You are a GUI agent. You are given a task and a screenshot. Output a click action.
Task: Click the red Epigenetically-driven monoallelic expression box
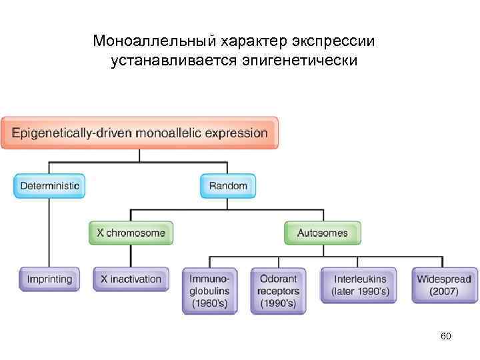coord(140,132)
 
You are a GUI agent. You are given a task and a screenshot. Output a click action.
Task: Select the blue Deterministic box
coord(50,186)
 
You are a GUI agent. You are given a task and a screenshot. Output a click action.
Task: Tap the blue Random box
coord(228,186)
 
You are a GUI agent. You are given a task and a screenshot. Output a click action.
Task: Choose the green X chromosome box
coord(131,233)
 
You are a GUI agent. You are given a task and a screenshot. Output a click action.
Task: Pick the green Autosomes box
coord(323,233)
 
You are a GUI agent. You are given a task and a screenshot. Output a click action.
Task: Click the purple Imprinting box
coord(49,279)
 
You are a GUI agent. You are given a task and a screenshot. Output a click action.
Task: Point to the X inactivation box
coord(131,279)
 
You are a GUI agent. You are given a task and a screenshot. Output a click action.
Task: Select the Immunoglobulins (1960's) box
coord(210,291)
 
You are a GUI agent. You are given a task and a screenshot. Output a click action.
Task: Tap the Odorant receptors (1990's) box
coord(278,291)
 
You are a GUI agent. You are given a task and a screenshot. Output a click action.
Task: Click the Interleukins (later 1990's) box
coord(360,285)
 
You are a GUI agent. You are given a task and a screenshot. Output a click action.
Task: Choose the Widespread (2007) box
coord(444,285)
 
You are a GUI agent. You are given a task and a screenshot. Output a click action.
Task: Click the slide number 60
coord(446,336)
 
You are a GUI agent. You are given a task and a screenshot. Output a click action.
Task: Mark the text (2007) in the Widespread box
coord(444,292)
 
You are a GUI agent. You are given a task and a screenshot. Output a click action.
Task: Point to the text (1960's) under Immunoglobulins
coord(210,304)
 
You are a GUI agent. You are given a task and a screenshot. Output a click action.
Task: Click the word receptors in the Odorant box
coord(278,291)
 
